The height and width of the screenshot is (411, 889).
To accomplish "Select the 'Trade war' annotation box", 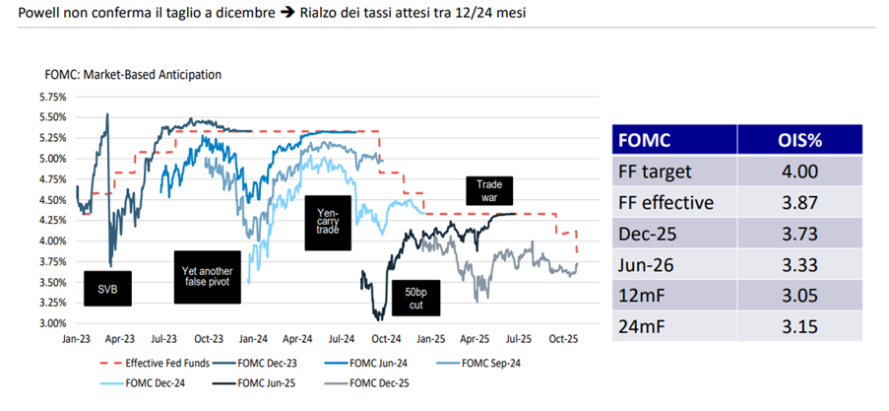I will click(x=488, y=190).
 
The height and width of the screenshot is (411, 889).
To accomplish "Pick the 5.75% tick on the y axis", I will click(x=51, y=98).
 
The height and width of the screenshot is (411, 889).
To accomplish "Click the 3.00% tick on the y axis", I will click(x=51, y=323).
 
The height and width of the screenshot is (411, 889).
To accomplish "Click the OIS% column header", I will click(x=797, y=138).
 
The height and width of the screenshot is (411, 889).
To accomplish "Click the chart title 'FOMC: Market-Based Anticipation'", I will click(x=133, y=74).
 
